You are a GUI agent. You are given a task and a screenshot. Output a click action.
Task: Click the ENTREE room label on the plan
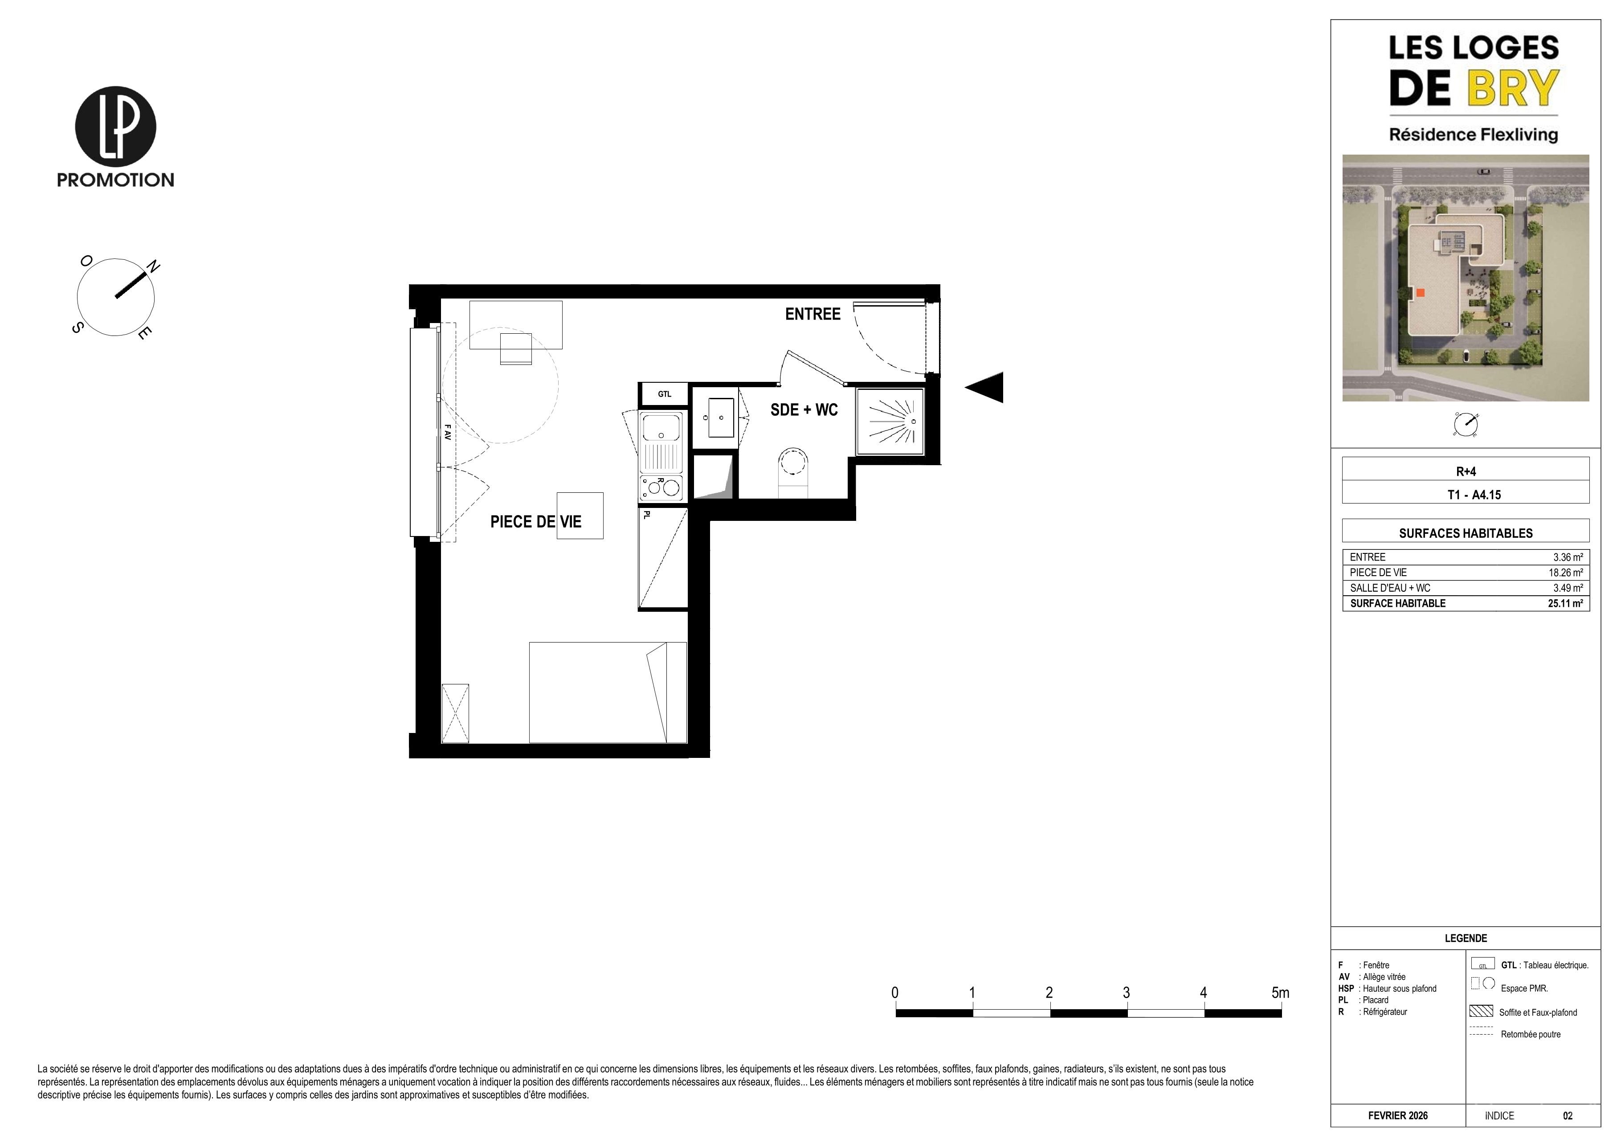pos(813,314)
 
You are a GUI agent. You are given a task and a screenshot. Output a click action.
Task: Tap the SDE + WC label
pos(804,410)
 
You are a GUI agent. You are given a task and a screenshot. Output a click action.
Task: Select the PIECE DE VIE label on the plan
pos(536,522)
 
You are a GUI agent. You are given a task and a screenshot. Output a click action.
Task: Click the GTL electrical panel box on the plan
pos(664,394)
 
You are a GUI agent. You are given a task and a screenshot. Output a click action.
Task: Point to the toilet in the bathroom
pos(793,472)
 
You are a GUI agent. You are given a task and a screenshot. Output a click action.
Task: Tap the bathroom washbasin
pos(715,417)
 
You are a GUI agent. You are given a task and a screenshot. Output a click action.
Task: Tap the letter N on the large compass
pos(152,266)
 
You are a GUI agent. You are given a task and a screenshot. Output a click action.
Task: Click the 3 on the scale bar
pos(1126,993)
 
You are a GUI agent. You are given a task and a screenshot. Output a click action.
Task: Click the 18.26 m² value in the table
pos(1565,573)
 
